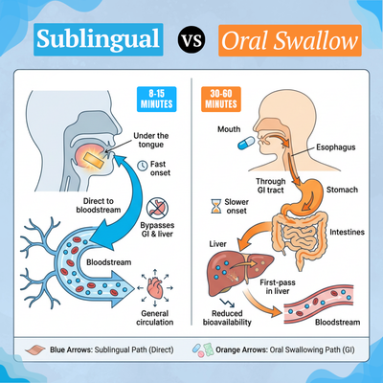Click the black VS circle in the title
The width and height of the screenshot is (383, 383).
191,40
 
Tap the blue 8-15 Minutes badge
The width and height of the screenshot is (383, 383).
156,100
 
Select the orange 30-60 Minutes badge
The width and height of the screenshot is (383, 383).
221,100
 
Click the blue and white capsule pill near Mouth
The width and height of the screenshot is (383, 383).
246,143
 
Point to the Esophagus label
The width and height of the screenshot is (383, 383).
336,147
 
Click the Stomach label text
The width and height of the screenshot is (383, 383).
342,190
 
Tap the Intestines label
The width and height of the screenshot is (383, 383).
347,232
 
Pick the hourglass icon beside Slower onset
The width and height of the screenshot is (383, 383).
216,206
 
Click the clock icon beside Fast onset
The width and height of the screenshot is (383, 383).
142,166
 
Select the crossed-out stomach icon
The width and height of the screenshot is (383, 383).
157,208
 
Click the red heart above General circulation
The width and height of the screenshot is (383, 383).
155,287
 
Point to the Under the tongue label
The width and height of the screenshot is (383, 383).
151,140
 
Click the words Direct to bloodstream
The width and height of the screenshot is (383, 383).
99,205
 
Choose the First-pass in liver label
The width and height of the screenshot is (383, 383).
278,286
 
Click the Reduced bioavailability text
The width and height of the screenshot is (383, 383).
227,318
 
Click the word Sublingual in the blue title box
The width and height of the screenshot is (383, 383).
98,39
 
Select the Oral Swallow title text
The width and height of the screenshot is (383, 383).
289,40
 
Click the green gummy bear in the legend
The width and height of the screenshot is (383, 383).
209,348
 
